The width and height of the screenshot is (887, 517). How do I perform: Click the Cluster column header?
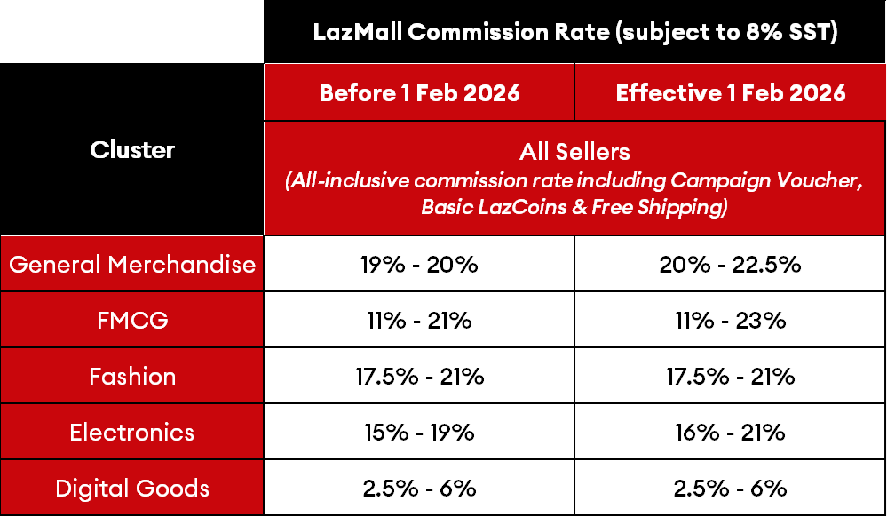[x=132, y=149]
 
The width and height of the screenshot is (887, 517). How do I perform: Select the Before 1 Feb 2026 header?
[x=419, y=92]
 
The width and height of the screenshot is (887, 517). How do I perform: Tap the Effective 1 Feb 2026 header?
[x=731, y=92]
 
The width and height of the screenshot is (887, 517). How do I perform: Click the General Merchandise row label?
[x=132, y=264]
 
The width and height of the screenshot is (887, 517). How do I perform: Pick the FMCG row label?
[x=132, y=320]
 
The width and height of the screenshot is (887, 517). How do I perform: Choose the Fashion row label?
[x=132, y=376]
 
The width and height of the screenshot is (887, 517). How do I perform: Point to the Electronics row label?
[x=132, y=432]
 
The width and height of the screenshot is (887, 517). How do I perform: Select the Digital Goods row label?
[x=132, y=488]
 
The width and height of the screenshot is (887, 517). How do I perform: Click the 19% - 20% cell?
[x=419, y=264]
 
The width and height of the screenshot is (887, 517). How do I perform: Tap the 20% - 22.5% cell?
[x=731, y=264]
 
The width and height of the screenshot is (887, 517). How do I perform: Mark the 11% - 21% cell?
[x=419, y=320]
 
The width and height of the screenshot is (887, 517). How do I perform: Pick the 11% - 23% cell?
[x=731, y=320]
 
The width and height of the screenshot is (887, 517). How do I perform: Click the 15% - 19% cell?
[x=419, y=432]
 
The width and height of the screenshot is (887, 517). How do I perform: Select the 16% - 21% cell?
[x=731, y=432]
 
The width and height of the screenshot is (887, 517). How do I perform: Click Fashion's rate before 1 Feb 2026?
[x=419, y=376]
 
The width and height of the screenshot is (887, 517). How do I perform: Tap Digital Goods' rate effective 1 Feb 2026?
[x=731, y=488]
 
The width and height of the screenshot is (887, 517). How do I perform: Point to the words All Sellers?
[x=574, y=151]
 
